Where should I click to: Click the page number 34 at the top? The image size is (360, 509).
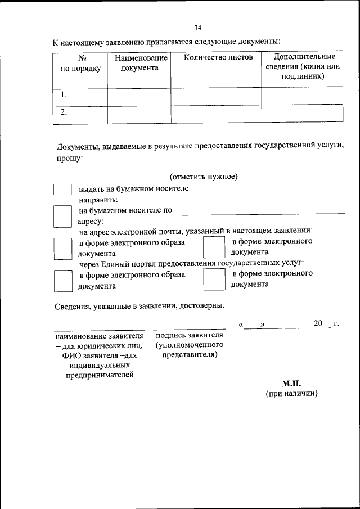click(197, 28)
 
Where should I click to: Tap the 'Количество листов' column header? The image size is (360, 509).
click(216, 57)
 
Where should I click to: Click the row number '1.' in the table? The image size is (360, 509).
click(64, 96)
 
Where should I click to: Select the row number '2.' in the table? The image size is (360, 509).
click(64, 112)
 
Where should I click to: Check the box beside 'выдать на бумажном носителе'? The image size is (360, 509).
click(62, 189)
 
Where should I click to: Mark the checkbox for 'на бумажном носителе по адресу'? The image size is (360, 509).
click(62, 216)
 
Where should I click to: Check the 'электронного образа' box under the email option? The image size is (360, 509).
click(62, 248)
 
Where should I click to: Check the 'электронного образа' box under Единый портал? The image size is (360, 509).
click(62, 280)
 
